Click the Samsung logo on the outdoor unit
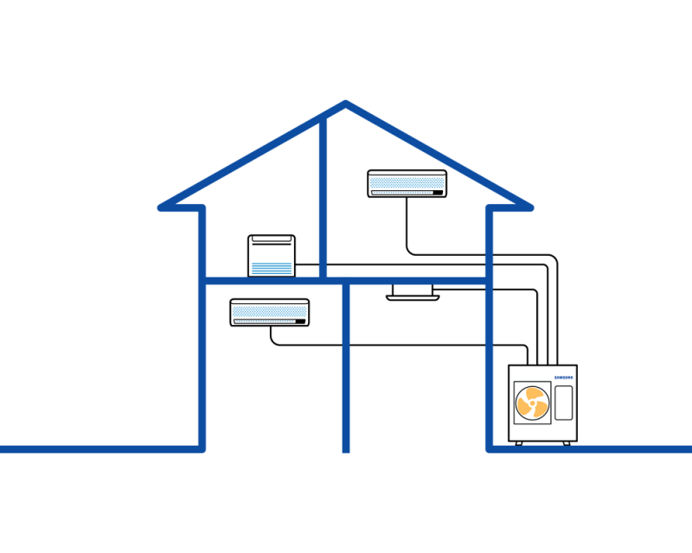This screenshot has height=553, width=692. point(564,378)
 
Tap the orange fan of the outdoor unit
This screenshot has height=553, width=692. point(533,403)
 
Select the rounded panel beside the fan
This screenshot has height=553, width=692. point(564,403)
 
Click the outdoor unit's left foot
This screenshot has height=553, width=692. point(519,443)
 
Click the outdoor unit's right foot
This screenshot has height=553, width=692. point(567,443)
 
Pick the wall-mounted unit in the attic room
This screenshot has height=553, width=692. point(407,183)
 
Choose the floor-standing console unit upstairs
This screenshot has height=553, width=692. point(272,256)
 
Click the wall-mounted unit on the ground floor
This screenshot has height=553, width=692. point(270,312)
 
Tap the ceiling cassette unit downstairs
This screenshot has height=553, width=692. point(413,292)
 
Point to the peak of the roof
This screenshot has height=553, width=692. point(345,104)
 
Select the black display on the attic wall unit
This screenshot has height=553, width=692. point(438,193)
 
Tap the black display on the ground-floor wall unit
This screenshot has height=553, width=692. point(300,321)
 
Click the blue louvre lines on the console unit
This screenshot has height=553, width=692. point(272,268)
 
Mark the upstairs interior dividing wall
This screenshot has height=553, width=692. point(323,199)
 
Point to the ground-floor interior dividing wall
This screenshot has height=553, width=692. point(346,367)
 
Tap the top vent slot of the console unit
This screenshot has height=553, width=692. point(272,239)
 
